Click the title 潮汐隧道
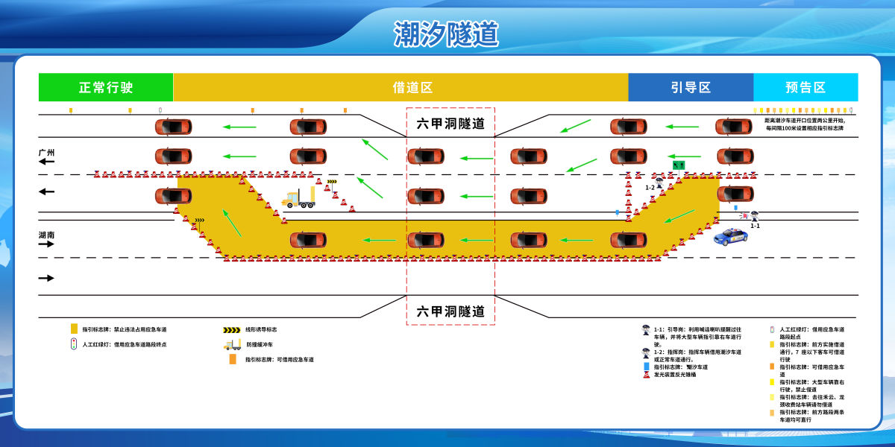click(446, 34)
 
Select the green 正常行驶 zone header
click(106, 87)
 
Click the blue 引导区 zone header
click(690, 87)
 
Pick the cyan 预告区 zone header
click(805, 87)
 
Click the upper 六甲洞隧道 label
click(450, 124)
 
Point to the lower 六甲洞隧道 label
click(450, 311)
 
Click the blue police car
click(732, 237)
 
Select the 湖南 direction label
click(47, 235)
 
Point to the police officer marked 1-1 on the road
click(755, 215)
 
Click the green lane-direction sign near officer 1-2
click(678, 164)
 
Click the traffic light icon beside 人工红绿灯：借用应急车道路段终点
click(73, 344)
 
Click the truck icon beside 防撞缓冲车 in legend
click(232, 344)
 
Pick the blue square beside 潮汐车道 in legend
click(646, 367)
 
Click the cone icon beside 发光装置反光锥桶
click(646, 375)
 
